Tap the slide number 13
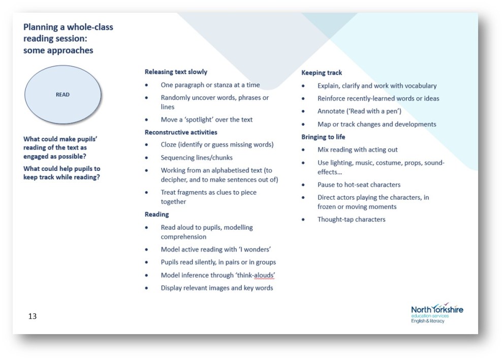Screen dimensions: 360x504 point(33,316)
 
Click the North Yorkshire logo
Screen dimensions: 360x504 point(437,312)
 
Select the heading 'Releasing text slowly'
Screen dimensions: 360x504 point(176,72)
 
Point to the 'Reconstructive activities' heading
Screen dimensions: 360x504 point(181,132)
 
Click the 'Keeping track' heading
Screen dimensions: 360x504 point(322,73)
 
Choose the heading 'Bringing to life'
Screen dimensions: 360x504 point(323,137)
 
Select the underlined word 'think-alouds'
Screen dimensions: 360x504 point(256,275)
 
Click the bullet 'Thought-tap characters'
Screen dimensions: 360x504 point(351,220)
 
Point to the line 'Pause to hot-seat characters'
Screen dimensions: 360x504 point(359,185)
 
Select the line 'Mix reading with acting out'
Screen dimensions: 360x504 point(357,149)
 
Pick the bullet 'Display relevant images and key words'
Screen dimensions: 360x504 point(217,288)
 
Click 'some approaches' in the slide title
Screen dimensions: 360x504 point(58,50)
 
